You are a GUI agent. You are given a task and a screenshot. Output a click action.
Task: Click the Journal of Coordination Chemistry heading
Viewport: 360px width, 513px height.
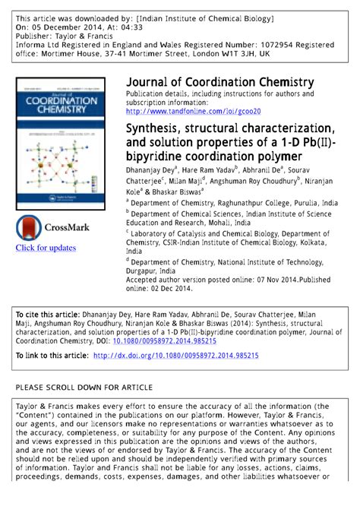[219, 82]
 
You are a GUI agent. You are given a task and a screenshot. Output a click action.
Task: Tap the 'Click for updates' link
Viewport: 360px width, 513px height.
[46, 248]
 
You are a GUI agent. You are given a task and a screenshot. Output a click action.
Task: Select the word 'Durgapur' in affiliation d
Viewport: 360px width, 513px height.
[144, 271]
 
